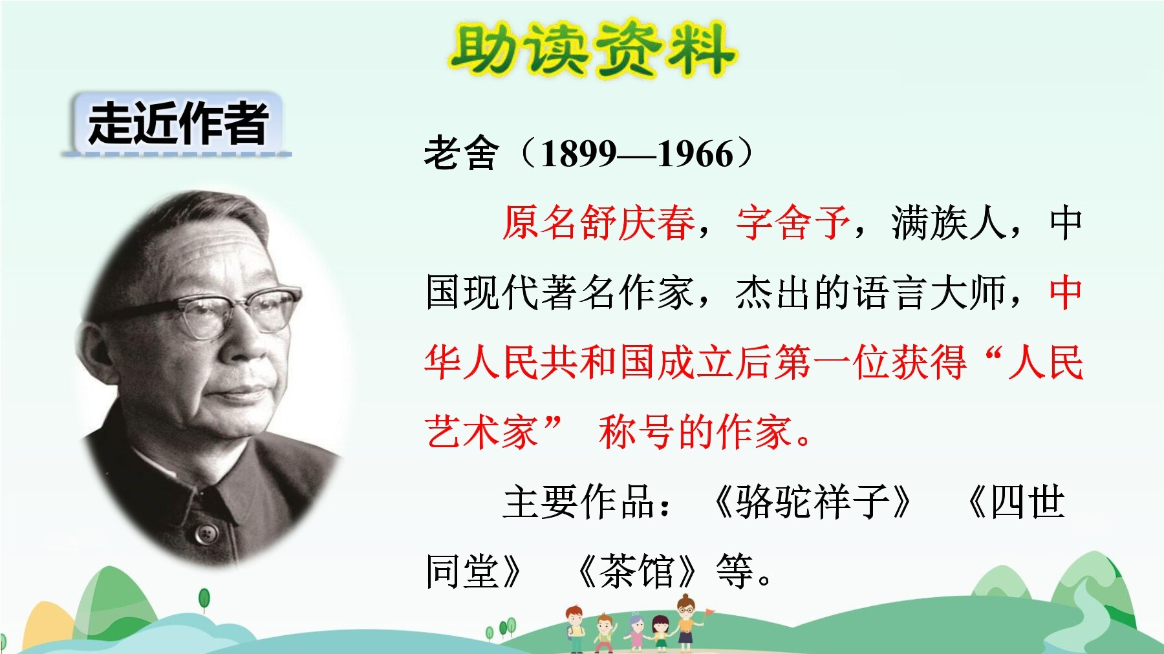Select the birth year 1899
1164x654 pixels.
[579, 154]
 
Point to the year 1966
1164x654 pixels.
[696, 154]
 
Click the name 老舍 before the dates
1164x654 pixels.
[462, 154]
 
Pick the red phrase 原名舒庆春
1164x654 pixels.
[599, 223]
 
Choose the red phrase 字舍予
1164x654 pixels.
[793, 223]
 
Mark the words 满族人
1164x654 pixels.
[949, 223]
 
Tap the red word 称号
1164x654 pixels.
[636, 432]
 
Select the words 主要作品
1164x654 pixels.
[579, 501]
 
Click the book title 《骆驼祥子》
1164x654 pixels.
[812, 501]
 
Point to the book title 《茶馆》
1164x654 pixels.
[638, 571]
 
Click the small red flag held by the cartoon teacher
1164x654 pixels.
[709, 611]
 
